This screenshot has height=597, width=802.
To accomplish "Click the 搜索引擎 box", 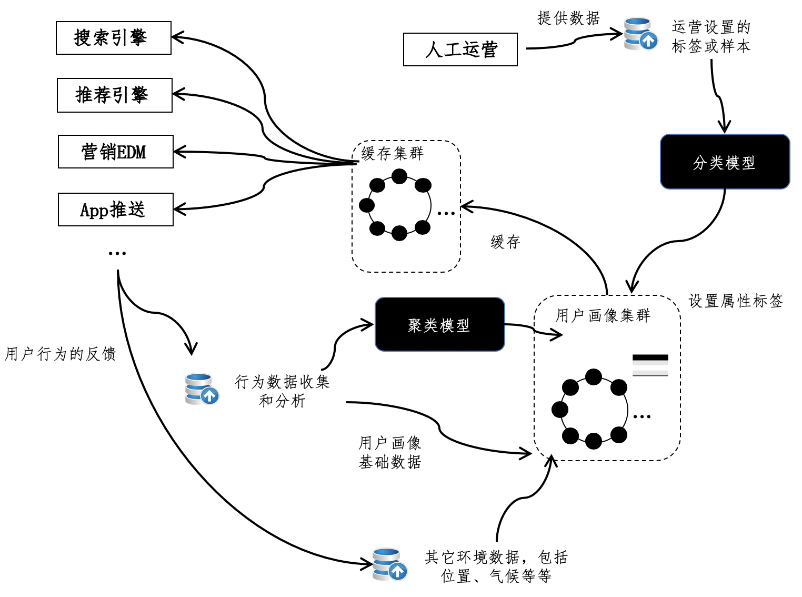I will coord(114,38).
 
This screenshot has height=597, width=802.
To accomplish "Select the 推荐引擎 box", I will coord(115,95).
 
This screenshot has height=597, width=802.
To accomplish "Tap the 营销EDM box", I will coord(116,152).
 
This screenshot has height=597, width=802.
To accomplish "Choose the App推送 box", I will coord(116,210).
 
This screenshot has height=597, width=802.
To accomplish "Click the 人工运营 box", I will coord(460,49).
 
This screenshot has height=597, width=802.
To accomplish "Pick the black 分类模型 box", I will coord(725,162).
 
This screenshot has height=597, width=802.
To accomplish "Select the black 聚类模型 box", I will coord(439,324).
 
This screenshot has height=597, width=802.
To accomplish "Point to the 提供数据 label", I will coord(568,18).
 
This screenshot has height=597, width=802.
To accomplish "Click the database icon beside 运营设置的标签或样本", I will coord(640,34).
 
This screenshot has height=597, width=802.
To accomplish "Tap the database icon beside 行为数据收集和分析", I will coord(202,389).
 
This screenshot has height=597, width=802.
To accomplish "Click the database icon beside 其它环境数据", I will coord(389,564).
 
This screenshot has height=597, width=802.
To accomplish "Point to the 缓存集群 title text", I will coord(392,153).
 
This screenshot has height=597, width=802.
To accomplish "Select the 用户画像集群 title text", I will coord(603,315).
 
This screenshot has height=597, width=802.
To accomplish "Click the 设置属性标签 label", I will coord(736,301).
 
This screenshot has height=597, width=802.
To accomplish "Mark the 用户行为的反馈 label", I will coord(60,354).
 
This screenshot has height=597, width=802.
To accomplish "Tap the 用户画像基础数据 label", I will coord(390,452).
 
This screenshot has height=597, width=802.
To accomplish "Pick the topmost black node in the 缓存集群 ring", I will coord(399,176).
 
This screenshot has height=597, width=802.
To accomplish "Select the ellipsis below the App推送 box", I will coord(117,253).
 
